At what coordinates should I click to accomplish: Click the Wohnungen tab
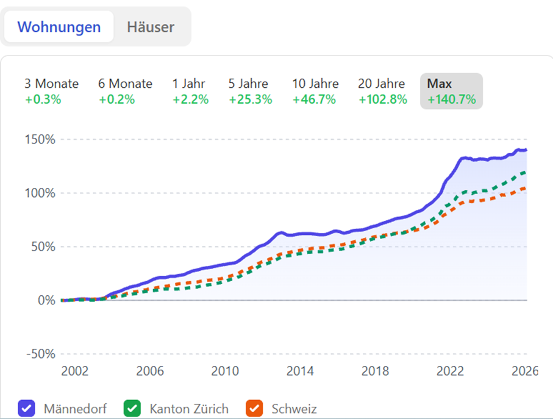coord(59,27)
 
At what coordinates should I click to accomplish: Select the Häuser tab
coord(151,27)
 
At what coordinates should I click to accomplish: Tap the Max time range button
coord(451,91)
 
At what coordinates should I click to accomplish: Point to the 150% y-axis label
coord(40,139)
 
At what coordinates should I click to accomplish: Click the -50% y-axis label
coord(40,354)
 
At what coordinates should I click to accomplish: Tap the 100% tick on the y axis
coord(40,193)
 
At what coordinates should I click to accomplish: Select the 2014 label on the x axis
coord(300,371)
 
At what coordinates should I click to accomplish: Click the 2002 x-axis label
coord(74,371)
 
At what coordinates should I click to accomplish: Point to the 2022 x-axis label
coord(451,371)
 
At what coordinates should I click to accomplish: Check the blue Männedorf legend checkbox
coord(27,408)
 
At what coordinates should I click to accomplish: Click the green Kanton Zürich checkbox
coord(132,408)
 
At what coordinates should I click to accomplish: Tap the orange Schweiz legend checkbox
coord(254,408)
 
